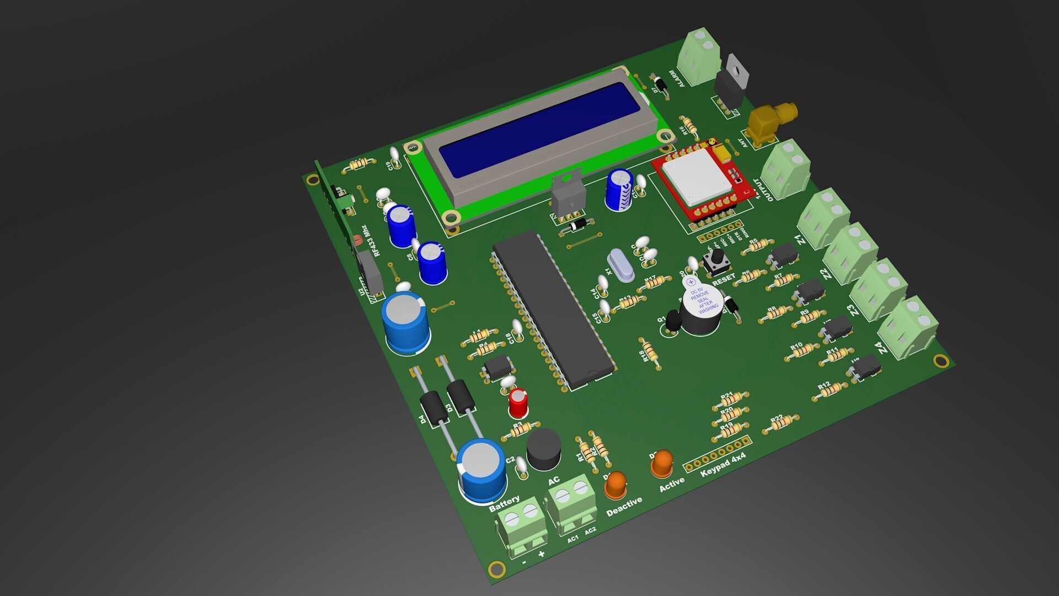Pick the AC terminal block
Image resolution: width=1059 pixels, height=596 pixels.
(571, 502)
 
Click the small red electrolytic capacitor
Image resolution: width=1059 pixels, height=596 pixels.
(518, 403)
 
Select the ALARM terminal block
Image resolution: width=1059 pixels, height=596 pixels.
(700, 58)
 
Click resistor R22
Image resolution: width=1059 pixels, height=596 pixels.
(781, 423)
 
